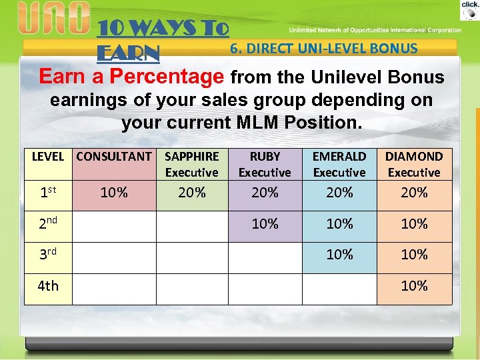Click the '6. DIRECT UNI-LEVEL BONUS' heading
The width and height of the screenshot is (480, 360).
coord(323,49)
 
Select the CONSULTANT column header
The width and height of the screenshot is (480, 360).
coord(114,157)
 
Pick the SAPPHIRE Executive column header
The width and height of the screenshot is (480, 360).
coord(191,164)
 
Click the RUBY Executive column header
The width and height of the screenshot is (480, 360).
coord(265,164)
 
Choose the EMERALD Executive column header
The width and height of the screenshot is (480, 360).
coord(339,164)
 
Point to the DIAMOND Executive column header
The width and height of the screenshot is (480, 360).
coord(414,164)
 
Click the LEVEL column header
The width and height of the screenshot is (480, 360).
coord(48,157)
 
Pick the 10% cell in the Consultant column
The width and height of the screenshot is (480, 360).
coord(114,193)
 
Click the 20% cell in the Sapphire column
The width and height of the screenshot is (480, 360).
coord(191,193)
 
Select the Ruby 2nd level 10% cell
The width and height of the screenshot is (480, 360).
coord(265,224)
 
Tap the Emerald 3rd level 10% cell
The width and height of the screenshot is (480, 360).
coord(339,255)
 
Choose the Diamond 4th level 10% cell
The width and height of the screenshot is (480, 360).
coord(414,286)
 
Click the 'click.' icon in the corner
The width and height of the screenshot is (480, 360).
coord(470,9)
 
